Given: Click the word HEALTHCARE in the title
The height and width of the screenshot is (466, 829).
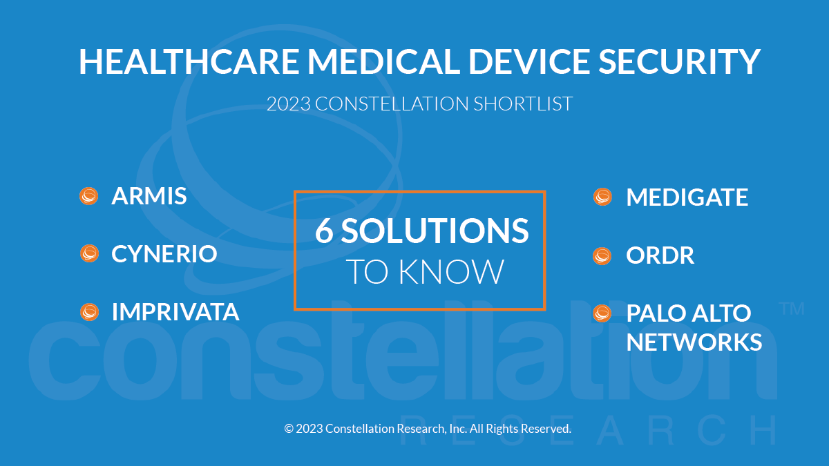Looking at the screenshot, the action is click(189, 61).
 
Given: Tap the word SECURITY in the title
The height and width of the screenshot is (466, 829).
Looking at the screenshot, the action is click(680, 61).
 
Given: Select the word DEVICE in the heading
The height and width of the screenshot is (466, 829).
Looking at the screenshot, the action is click(529, 61).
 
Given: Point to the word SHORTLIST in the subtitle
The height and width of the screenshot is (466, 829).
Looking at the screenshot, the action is click(523, 104).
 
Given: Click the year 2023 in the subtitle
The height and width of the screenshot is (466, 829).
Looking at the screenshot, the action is click(289, 104).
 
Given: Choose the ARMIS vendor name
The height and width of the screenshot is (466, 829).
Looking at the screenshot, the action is click(149, 195).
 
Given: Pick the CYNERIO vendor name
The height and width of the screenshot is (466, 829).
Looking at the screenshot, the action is click(164, 254).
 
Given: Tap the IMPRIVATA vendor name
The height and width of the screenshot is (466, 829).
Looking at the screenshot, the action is click(175, 312).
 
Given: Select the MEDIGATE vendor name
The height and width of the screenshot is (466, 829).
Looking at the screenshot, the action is click(687, 197).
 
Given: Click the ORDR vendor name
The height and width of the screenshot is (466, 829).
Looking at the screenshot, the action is click(660, 255).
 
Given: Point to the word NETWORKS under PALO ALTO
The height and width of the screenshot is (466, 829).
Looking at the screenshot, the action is click(694, 342).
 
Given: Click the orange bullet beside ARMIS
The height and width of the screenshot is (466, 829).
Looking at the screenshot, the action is click(89, 196).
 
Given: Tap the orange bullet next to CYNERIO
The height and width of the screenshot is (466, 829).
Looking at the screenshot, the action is click(89, 253).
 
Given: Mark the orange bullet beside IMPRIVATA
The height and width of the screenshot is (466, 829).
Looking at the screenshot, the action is click(89, 312).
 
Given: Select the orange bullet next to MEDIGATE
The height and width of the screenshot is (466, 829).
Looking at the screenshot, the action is click(602, 197).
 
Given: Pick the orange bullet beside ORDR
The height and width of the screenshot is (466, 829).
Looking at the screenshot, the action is click(602, 256).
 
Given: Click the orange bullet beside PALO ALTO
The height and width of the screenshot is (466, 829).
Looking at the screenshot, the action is click(602, 313).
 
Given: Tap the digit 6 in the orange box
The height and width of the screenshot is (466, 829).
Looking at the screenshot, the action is click(324, 231).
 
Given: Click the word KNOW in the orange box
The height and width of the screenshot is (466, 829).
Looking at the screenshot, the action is click(451, 272).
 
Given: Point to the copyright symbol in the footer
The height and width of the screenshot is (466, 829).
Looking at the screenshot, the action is click(289, 429).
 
